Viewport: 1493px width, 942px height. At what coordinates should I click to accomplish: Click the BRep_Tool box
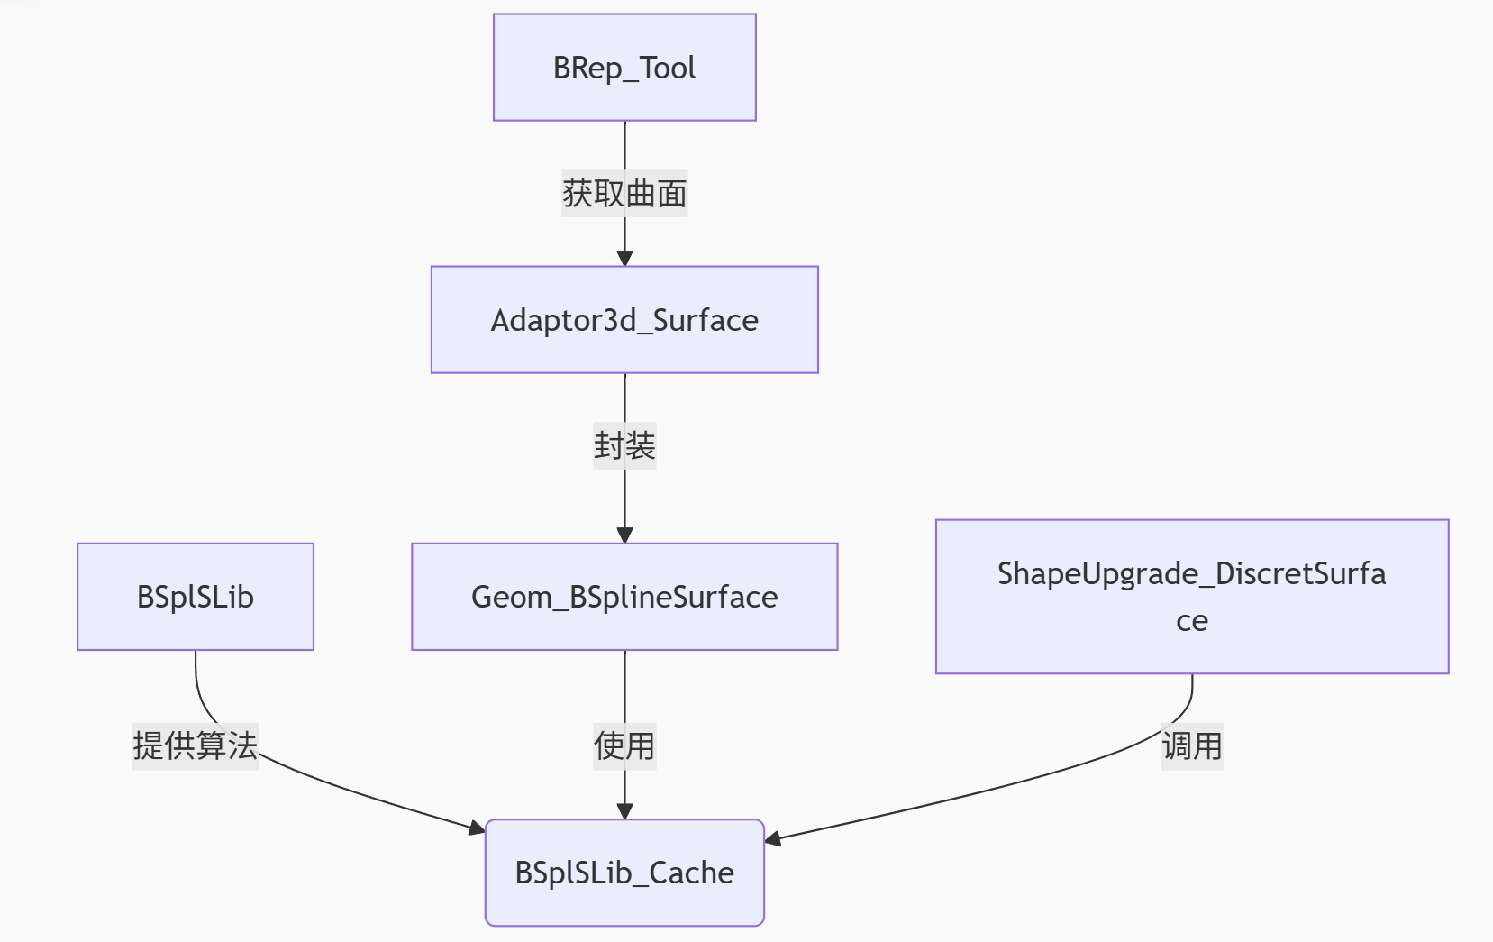[624, 68]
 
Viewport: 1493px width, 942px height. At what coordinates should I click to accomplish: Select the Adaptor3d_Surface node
[624, 320]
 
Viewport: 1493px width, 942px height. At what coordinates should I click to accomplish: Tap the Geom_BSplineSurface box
[624, 597]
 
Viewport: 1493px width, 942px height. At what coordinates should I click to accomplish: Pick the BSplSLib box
[196, 597]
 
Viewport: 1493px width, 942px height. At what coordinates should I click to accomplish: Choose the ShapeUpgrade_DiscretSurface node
[1191, 596]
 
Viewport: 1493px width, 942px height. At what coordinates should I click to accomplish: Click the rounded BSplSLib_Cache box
[624, 873]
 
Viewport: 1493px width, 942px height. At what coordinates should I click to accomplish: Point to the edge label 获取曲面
[624, 194]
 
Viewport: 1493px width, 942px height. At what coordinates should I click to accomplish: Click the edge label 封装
[624, 445]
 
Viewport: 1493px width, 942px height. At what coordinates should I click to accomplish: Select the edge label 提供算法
[196, 745]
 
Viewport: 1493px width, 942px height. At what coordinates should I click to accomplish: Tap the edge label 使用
[624, 745]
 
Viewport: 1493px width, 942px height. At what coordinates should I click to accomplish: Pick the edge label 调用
[1191, 745]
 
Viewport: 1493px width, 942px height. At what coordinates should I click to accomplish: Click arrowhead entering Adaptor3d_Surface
[624, 259]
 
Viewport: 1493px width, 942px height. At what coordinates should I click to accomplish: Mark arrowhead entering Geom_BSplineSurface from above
[624, 535]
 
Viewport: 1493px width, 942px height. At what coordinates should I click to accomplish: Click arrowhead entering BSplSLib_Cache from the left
[478, 828]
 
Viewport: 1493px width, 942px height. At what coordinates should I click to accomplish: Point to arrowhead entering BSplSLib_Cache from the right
[772, 839]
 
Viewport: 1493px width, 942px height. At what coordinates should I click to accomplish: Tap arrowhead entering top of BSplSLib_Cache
[624, 811]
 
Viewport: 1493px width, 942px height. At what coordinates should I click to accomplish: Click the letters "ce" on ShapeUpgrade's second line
[1191, 621]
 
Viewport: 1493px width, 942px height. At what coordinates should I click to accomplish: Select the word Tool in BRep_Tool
[668, 68]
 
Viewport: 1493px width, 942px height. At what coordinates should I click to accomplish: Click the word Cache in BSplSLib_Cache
[691, 873]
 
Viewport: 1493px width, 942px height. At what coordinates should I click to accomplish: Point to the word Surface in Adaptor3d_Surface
[706, 320]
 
